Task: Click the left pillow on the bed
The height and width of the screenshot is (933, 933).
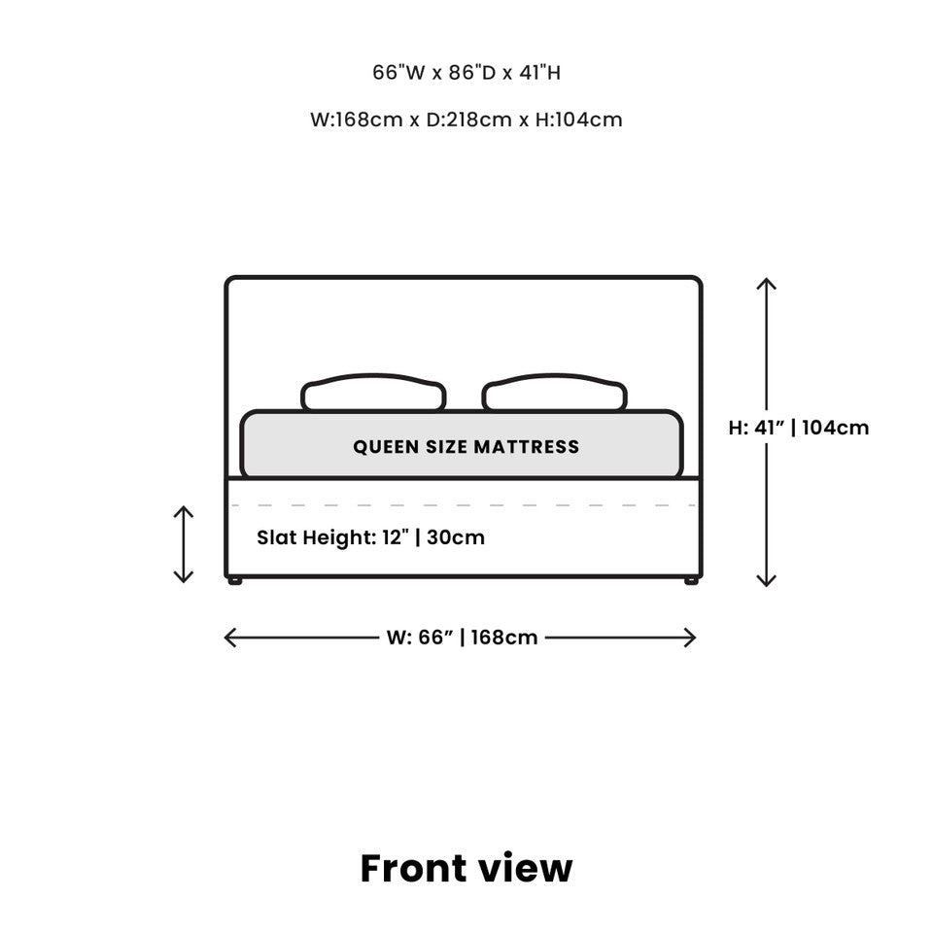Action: point(373,393)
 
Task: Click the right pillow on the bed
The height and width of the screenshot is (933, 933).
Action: point(554,393)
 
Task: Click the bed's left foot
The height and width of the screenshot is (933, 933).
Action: point(235,581)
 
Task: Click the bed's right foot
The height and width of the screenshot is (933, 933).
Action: point(691,581)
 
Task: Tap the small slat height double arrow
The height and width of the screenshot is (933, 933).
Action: point(184,544)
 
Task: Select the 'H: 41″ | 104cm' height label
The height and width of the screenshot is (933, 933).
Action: point(799,428)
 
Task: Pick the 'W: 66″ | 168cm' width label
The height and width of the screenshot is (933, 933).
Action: point(462,638)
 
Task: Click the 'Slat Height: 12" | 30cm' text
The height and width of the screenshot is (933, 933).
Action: point(370,537)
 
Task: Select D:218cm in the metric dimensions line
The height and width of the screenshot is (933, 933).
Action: point(468,120)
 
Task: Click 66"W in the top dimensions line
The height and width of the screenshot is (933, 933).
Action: point(399,73)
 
